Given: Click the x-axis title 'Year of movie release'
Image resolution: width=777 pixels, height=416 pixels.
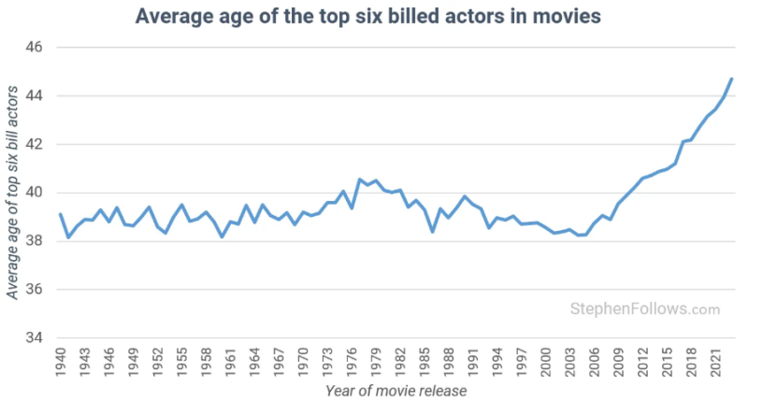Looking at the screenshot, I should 396,391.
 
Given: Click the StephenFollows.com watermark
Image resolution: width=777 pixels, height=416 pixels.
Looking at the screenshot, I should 645,308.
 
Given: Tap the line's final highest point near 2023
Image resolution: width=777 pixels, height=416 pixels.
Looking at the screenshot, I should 731,79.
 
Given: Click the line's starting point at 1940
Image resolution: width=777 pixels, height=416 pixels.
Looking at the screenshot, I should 61,214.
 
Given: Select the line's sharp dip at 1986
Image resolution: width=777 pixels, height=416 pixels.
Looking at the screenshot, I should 432,231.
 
